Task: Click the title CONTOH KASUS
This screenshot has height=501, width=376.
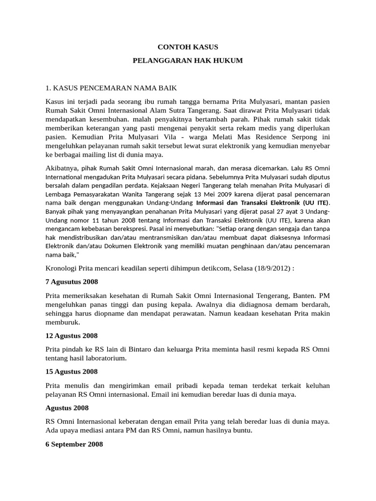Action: pyautogui.click(x=188, y=47)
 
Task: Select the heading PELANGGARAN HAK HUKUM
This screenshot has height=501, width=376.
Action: pyautogui.click(x=188, y=61)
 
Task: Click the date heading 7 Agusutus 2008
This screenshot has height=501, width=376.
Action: pyautogui.click(x=71, y=282)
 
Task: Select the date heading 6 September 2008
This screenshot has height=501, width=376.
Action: pyautogui.click(x=74, y=444)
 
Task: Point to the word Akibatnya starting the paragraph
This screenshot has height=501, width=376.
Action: pyautogui.click(x=61, y=168)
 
